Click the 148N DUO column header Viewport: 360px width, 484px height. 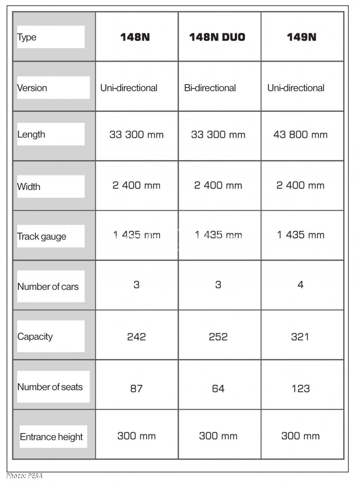[217, 37]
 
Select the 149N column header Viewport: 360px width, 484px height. [301, 37]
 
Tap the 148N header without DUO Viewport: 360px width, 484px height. [135, 37]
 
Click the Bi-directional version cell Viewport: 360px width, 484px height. [210, 88]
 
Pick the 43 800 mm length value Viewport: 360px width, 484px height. [300, 135]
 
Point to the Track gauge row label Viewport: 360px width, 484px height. [41, 236]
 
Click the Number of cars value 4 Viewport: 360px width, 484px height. [300, 284]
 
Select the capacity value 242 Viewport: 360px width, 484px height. [136, 337]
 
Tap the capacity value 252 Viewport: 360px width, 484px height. [218, 337]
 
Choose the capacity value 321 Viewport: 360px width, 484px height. [300, 337]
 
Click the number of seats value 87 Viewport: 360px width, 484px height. [136, 388]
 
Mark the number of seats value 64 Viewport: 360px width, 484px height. [218, 388]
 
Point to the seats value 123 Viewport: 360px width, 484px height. [301, 388]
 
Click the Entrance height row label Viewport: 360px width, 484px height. [51, 437]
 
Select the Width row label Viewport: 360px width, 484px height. [29, 187]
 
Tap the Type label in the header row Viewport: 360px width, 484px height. [27, 37]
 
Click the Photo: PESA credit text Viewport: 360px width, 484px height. [24, 476]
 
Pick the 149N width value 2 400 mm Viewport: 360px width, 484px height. [300, 185]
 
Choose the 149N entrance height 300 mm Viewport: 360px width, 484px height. [300, 436]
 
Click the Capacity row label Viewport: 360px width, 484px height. [35, 336]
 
